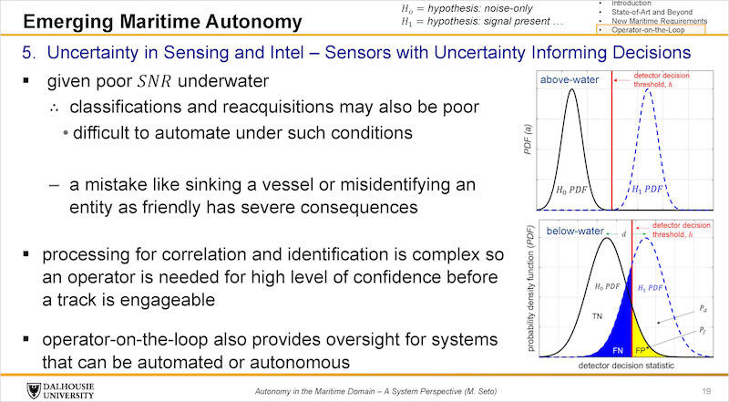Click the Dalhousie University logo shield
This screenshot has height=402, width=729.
pos(34,391)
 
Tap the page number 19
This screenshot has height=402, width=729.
pos(707,391)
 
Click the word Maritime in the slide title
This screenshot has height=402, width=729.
pos(165,22)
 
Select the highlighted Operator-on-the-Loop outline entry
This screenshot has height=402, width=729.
pos(651,30)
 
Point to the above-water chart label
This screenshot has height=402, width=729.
pos(570,79)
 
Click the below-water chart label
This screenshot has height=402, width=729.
pos(575,231)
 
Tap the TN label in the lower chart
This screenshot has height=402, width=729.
pos(597,316)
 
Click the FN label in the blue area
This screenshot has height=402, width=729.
pos(618,350)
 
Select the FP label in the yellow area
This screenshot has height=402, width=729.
pos(641,350)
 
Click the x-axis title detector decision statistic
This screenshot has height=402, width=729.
pos(626,366)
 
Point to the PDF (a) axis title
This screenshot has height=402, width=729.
pos(528,139)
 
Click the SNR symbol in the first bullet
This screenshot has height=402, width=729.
pos(155,81)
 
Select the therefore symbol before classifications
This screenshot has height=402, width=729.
pos(55,108)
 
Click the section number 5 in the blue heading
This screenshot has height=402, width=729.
pos(29,53)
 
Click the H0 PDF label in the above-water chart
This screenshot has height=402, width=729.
pos(572,190)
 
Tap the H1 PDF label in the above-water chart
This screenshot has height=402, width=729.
pos(648,189)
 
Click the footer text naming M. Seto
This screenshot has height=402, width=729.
pos(375,391)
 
